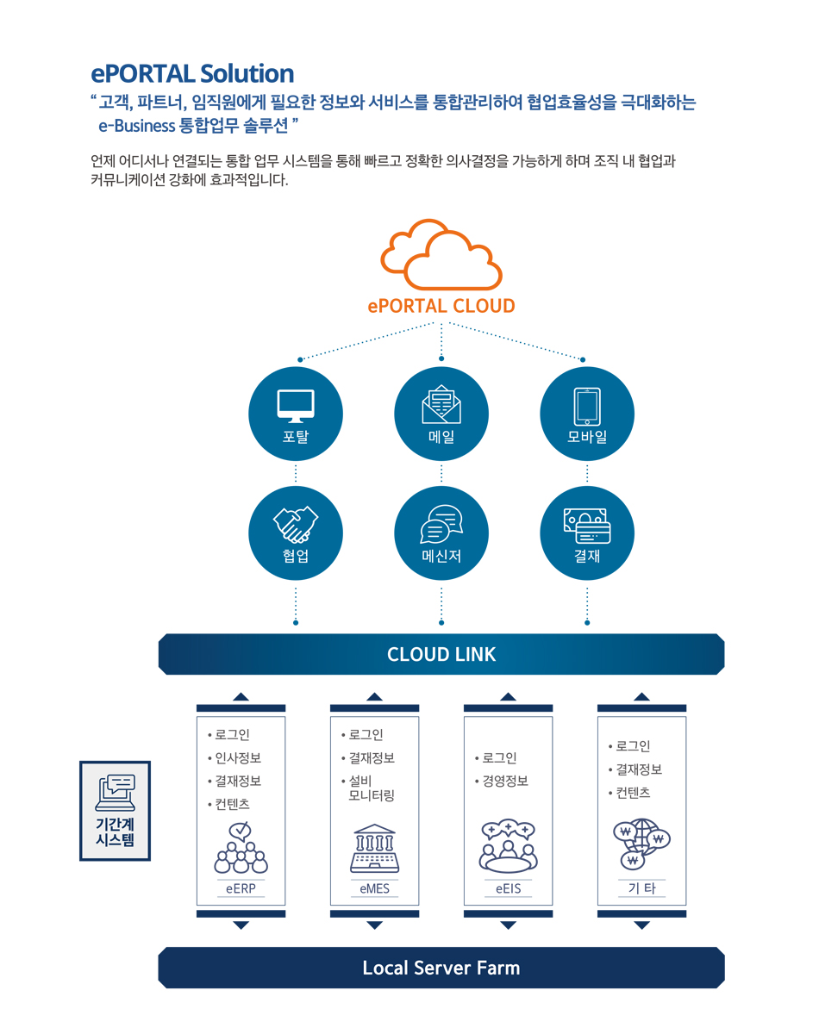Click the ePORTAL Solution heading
pyautogui.click(x=192, y=74)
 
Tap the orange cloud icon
pyautogui.click(x=441, y=255)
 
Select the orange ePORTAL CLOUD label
pyautogui.click(x=441, y=306)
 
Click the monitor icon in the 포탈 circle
pyautogui.click(x=296, y=406)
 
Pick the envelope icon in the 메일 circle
pyautogui.click(x=441, y=404)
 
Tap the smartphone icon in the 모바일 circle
pyautogui.click(x=587, y=406)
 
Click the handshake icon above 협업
pyautogui.click(x=296, y=525)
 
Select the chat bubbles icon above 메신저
pyautogui.click(x=441, y=524)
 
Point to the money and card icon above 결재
pyautogui.click(x=587, y=526)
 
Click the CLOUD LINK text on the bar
pyautogui.click(x=441, y=654)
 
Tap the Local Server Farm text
pyautogui.click(x=441, y=968)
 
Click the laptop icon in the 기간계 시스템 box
pyautogui.click(x=115, y=793)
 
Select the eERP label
pyautogui.click(x=241, y=888)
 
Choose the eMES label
pyautogui.click(x=374, y=888)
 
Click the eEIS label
pyautogui.click(x=508, y=888)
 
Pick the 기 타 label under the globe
pyautogui.click(x=641, y=888)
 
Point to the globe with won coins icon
pyautogui.click(x=641, y=844)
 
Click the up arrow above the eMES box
pyautogui.click(x=374, y=697)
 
